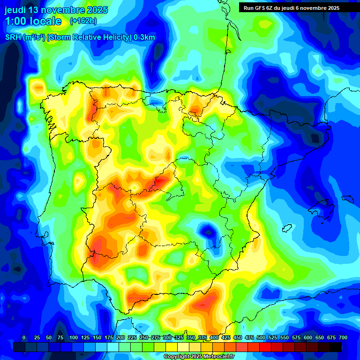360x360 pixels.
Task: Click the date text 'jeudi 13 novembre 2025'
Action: coord(56,10)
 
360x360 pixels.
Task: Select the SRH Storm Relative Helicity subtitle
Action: coord(80,37)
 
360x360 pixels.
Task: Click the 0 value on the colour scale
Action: coord(24,338)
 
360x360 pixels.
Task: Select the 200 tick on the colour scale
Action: coord(120,338)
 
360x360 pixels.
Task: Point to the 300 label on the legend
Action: coord(167,338)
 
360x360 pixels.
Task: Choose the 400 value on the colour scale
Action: coord(214,338)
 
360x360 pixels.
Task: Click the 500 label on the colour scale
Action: coord(261,338)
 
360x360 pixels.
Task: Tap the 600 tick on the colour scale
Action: coord(308,338)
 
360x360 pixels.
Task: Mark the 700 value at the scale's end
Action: coord(343,338)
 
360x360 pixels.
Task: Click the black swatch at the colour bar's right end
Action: coord(336,347)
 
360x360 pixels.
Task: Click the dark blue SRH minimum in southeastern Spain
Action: coord(207,231)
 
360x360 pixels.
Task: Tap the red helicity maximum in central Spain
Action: coord(163,181)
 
